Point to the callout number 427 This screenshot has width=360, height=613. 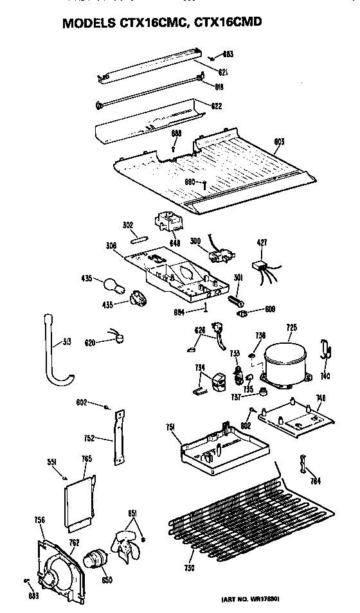[262, 243]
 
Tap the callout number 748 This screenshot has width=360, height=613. [321, 398]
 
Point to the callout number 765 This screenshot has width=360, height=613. [86, 458]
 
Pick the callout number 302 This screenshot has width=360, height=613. [127, 225]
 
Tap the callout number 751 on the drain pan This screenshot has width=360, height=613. [170, 426]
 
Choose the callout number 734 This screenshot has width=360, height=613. [201, 368]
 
